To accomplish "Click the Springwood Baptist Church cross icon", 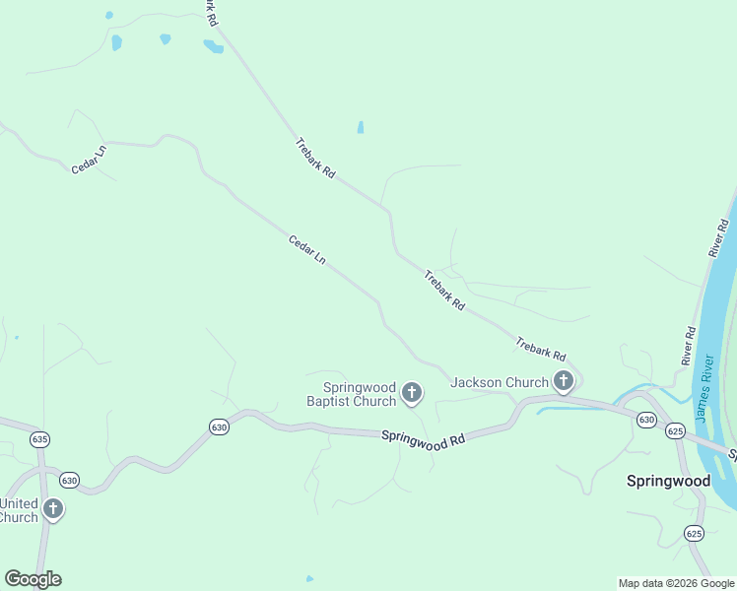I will pos(412,394).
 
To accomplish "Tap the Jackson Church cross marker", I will pos(564,381).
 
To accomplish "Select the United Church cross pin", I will pos(53,508).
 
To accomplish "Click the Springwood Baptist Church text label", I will pos(351,394).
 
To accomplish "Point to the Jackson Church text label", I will pos(500,382).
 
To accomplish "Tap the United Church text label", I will pos(19,509).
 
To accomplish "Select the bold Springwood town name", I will pos(668,481).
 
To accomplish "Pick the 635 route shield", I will pos(39,438).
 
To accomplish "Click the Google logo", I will pos(33,579).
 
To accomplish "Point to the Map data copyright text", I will pos(676,583).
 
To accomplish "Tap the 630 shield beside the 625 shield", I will pos(646,420).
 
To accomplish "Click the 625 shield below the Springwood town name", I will pos(694,533).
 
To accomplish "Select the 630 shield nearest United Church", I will pos(69,480).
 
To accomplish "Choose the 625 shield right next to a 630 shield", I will pos(675,430).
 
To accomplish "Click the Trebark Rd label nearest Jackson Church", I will pos(541,349).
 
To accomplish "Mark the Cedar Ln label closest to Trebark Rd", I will pos(306,249).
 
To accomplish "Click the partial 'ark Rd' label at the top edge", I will pos(210,12).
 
